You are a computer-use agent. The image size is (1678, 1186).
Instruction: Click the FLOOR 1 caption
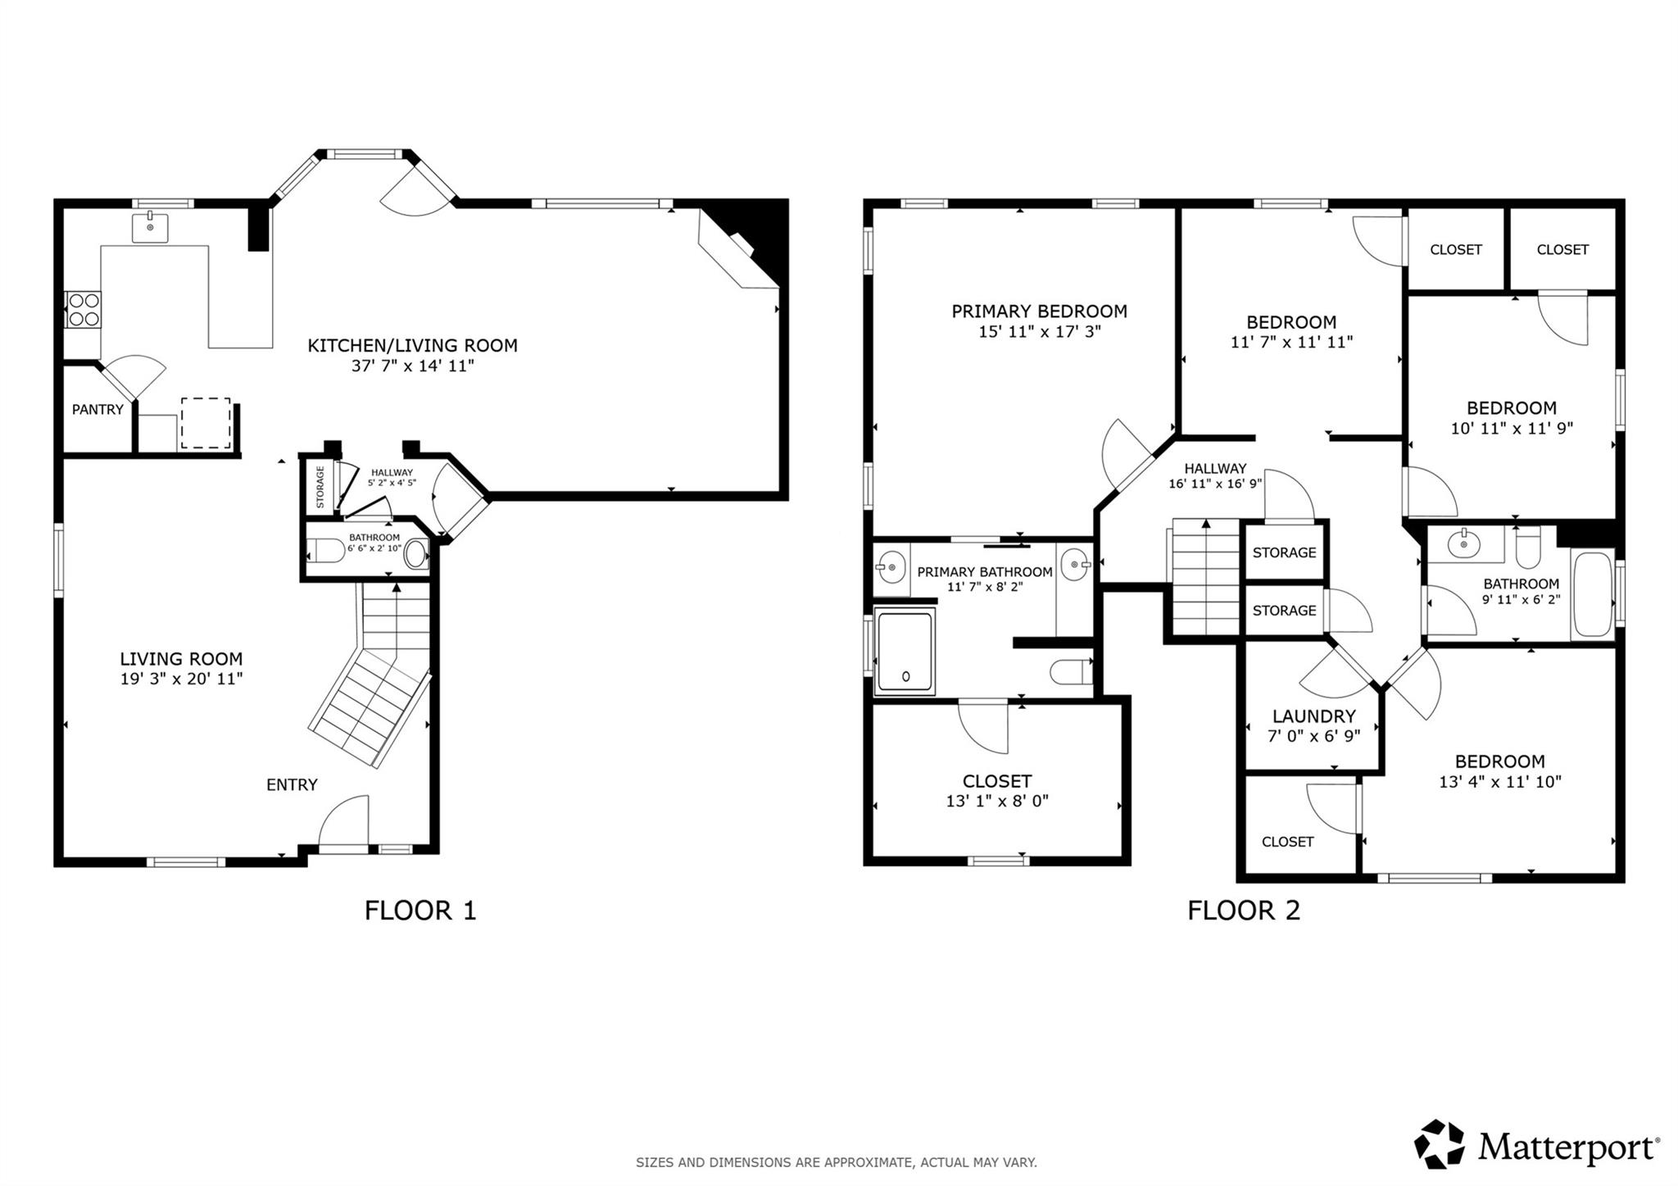(419, 911)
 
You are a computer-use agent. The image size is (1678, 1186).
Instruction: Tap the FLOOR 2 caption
(1243, 911)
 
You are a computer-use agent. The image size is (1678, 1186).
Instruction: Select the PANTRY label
(98, 409)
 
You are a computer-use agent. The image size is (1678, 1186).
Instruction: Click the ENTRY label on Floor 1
(291, 784)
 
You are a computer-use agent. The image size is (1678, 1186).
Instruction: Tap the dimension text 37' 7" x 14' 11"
(412, 366)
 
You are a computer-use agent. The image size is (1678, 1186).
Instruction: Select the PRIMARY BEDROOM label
(1039, 311)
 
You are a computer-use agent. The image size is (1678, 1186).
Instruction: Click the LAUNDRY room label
(1313, 716)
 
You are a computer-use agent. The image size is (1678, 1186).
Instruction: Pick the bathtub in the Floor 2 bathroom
(1591, 595)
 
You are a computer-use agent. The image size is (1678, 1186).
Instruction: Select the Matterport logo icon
(1440, 1143)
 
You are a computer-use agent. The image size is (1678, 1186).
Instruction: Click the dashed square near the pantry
(205, 423)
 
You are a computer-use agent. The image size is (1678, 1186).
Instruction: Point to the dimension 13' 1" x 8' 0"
(996, 801)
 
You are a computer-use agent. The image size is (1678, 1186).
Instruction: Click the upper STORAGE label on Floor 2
(1284, 552)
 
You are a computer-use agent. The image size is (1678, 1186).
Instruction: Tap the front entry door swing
(344, 824)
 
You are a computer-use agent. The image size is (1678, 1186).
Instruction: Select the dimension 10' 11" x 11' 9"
(1512, 428)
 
